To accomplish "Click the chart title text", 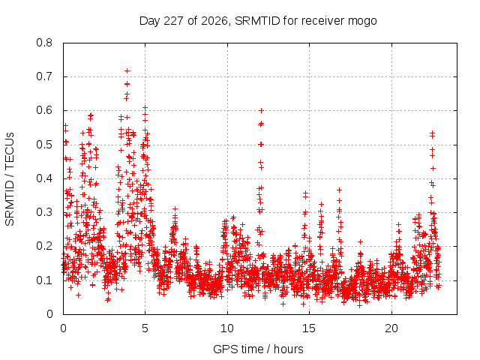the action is click(258, 21).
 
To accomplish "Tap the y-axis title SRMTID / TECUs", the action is click(10, 179).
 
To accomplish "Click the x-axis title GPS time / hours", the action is click(258, 349).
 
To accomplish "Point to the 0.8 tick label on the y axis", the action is click(44, 43).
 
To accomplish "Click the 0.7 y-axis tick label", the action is click(44, 76).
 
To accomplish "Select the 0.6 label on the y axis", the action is click(44, 110).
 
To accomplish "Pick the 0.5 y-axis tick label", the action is click(44, 145).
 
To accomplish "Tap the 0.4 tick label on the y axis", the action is click(44, 178).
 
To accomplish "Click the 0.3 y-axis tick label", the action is click(44, 212).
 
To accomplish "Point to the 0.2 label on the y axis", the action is click(44, 246).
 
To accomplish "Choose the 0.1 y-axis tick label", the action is click(44, 280).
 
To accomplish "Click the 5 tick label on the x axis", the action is click(145, 328).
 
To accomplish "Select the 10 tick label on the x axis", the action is click(227, 328).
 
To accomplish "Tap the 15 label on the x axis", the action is click(309, 328).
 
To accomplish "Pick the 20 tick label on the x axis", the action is click(391, 328).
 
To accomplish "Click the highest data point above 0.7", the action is click(127, 71).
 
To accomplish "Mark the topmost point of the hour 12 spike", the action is click(261, 110).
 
